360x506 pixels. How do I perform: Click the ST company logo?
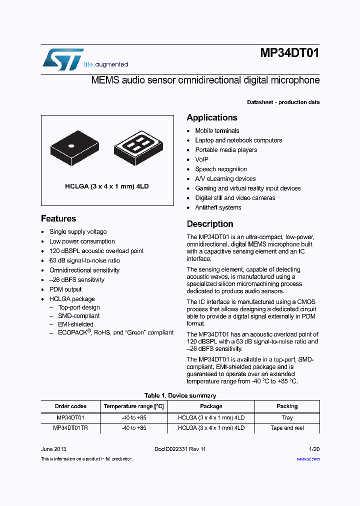tap(62, 59)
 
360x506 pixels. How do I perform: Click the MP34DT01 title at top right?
tap(289, 54)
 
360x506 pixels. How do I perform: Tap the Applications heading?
tap(212, 117)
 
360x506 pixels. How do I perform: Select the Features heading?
tap(58, 218)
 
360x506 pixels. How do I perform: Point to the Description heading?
tap(210, 224)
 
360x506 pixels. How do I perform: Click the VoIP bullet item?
tap(202, 159)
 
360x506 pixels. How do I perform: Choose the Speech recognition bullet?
tap(221, 169)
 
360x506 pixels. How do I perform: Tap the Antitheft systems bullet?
tap(218, 207)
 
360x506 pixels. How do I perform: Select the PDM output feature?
tap(65, 289)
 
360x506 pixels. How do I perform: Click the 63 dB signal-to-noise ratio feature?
tap(84, 260)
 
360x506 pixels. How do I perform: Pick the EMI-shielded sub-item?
tap(75, 324)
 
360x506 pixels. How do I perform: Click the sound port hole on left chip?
tap(71, 146)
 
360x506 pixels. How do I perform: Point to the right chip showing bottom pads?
tap(136, 147)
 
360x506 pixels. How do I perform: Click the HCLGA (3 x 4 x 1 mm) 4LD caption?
tap(107, 186)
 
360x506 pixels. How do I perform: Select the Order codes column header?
tap(70, 406)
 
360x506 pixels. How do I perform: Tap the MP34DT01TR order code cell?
tap(70, 428)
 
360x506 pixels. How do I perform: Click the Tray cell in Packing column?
tap(287, 417)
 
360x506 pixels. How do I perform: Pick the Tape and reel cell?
tap(287, 428)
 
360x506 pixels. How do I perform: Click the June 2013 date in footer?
tap(53, 449)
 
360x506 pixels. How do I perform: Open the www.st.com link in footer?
tap(308, 459)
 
